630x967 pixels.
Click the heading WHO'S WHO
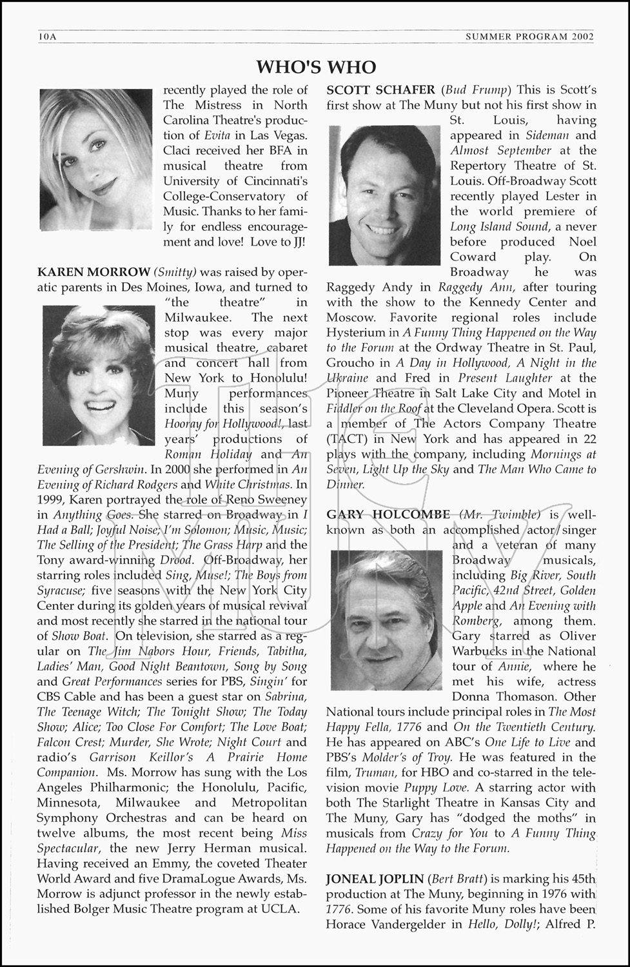315,67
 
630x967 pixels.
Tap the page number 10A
48,37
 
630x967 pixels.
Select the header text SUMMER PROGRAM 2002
529,37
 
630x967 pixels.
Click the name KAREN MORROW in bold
94,272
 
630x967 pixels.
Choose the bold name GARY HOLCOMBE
388,514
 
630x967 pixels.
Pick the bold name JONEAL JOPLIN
375,879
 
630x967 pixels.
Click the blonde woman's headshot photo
95,159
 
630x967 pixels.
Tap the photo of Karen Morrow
98,375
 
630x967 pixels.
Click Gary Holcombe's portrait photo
386,620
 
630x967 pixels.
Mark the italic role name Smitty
175,272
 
